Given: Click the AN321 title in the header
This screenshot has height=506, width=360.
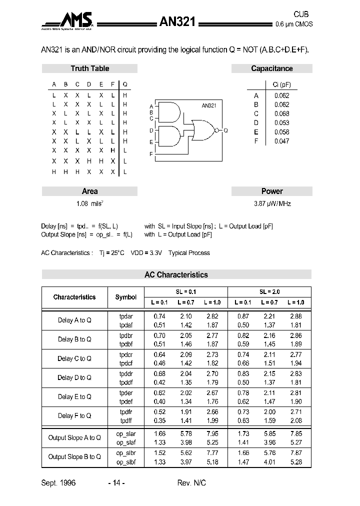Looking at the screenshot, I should [179, 21].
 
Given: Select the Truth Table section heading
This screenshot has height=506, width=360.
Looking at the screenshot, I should [89, 68].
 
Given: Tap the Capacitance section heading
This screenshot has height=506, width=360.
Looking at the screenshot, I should [271, 68].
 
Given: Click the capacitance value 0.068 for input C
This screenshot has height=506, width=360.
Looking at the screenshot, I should [281, 113].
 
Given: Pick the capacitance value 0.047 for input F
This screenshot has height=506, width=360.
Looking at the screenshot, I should [281, 141].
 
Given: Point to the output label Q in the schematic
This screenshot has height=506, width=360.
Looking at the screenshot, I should [225, 130].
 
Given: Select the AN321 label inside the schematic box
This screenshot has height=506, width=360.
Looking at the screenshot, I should [208, 105].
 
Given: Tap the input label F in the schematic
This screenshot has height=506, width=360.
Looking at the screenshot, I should [151, 154].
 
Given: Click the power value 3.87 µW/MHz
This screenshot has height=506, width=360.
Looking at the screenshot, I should [271, 204].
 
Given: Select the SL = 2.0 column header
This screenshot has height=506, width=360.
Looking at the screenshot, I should [269, 291].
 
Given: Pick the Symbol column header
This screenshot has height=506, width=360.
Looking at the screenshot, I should [125, 297].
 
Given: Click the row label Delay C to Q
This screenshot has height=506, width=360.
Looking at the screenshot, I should [74, 358].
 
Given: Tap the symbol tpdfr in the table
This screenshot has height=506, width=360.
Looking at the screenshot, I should [125, 411].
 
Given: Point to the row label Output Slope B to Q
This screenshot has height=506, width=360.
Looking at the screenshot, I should [74, 456].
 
